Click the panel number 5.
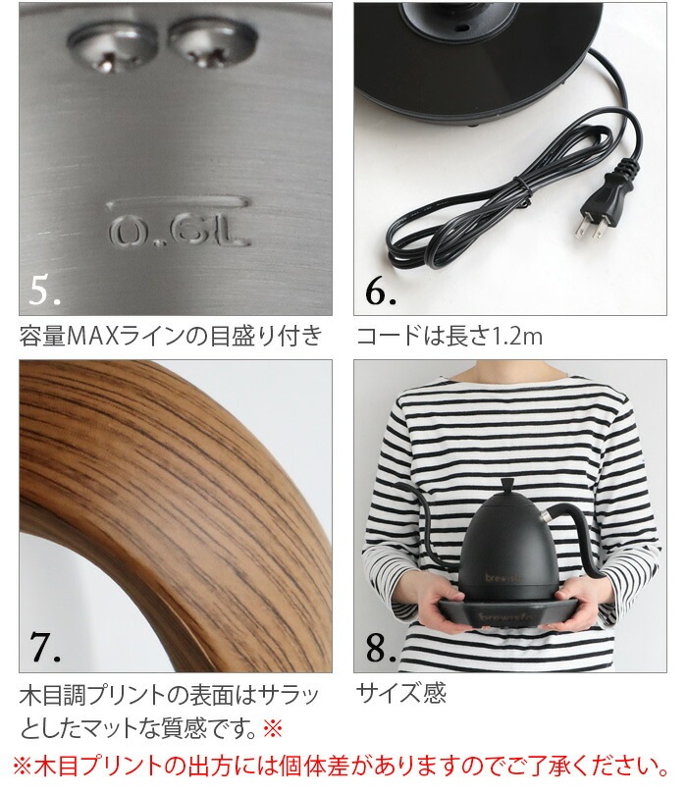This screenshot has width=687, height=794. tap(45, 291)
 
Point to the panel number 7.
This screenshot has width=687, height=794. tap(45, 648)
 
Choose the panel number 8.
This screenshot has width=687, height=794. tap(379, 648)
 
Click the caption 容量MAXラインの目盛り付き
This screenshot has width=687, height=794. tap(170, 338)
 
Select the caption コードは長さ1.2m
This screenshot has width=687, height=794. tap(449, 338)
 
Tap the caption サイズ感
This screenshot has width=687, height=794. tap(400, 694)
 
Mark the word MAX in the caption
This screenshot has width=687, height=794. tap(90, 338)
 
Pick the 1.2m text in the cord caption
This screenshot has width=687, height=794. tap(516, 338)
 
